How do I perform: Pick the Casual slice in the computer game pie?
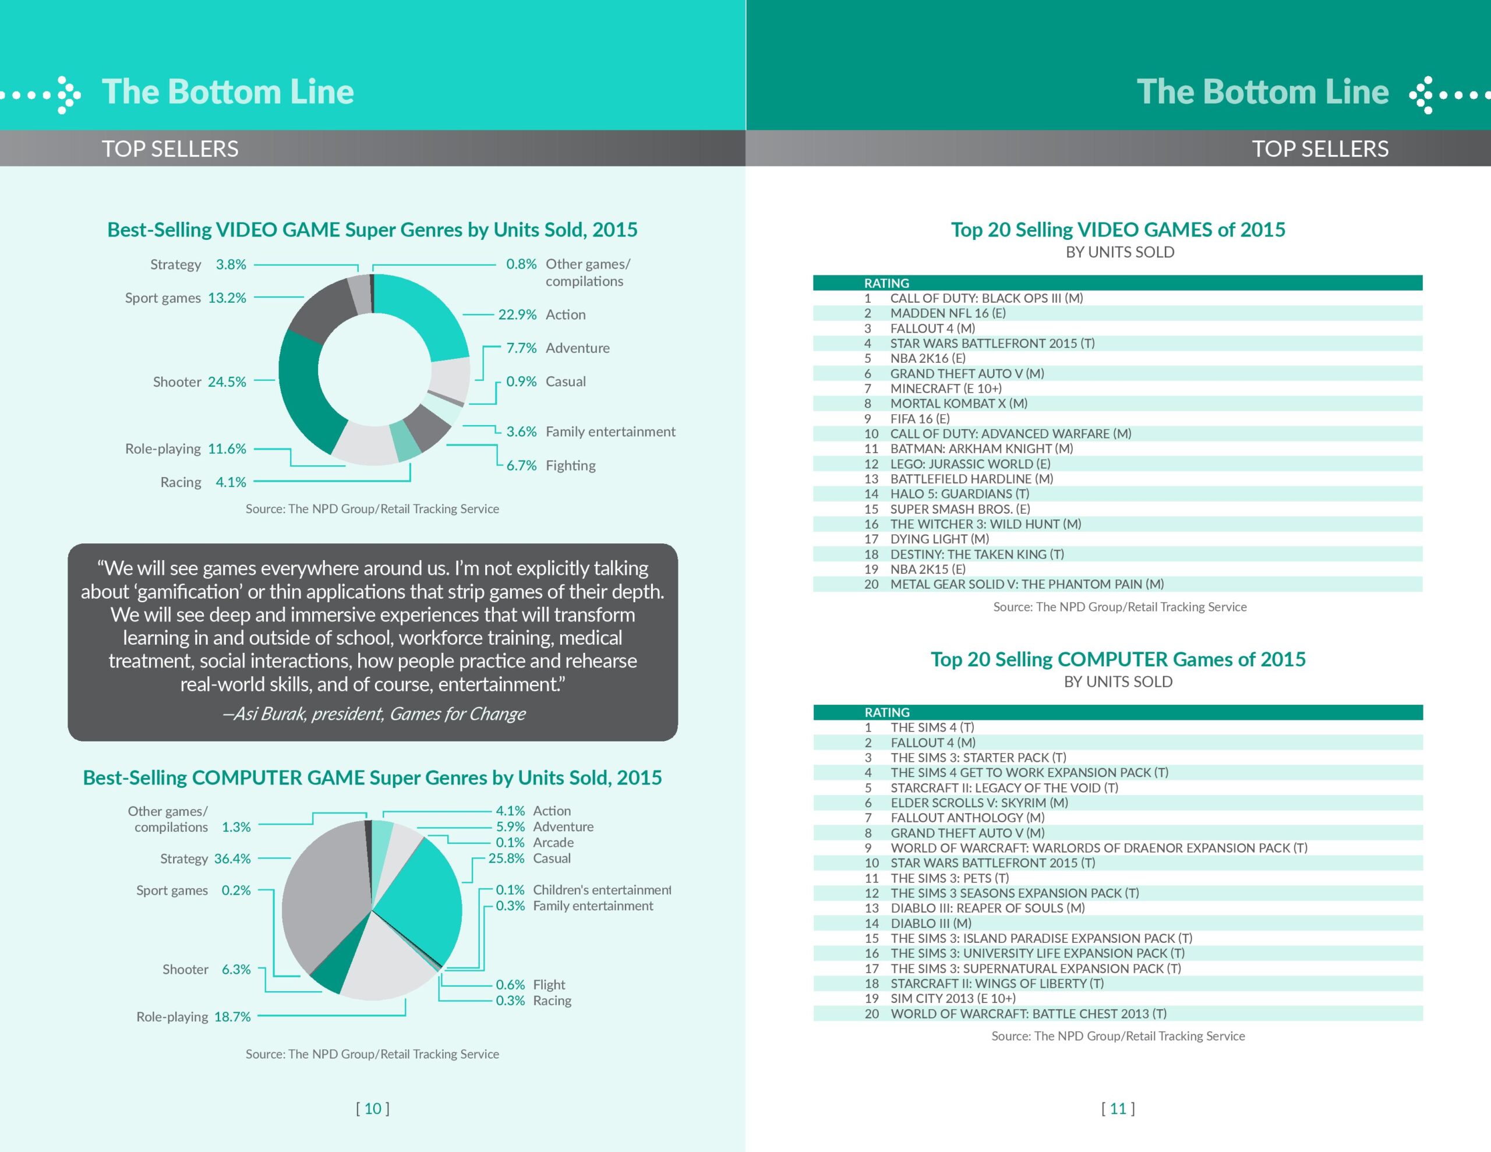point(427,902)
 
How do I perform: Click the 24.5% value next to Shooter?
point(227,381)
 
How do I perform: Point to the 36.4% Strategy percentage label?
point(232,858)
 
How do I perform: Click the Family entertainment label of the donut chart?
point(610,432)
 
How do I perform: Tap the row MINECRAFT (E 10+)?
point(945,388)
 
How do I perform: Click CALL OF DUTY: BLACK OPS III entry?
point(986,298)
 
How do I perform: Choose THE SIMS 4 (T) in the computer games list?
point(932,727)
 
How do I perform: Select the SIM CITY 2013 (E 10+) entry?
point(953,998)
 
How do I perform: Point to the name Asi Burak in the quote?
point(270,714)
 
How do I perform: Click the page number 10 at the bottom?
point(373,1108)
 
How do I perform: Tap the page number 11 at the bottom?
point(1118,1108)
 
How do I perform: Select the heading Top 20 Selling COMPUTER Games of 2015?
point(1118,659)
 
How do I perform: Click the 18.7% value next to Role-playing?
point(232,1017)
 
